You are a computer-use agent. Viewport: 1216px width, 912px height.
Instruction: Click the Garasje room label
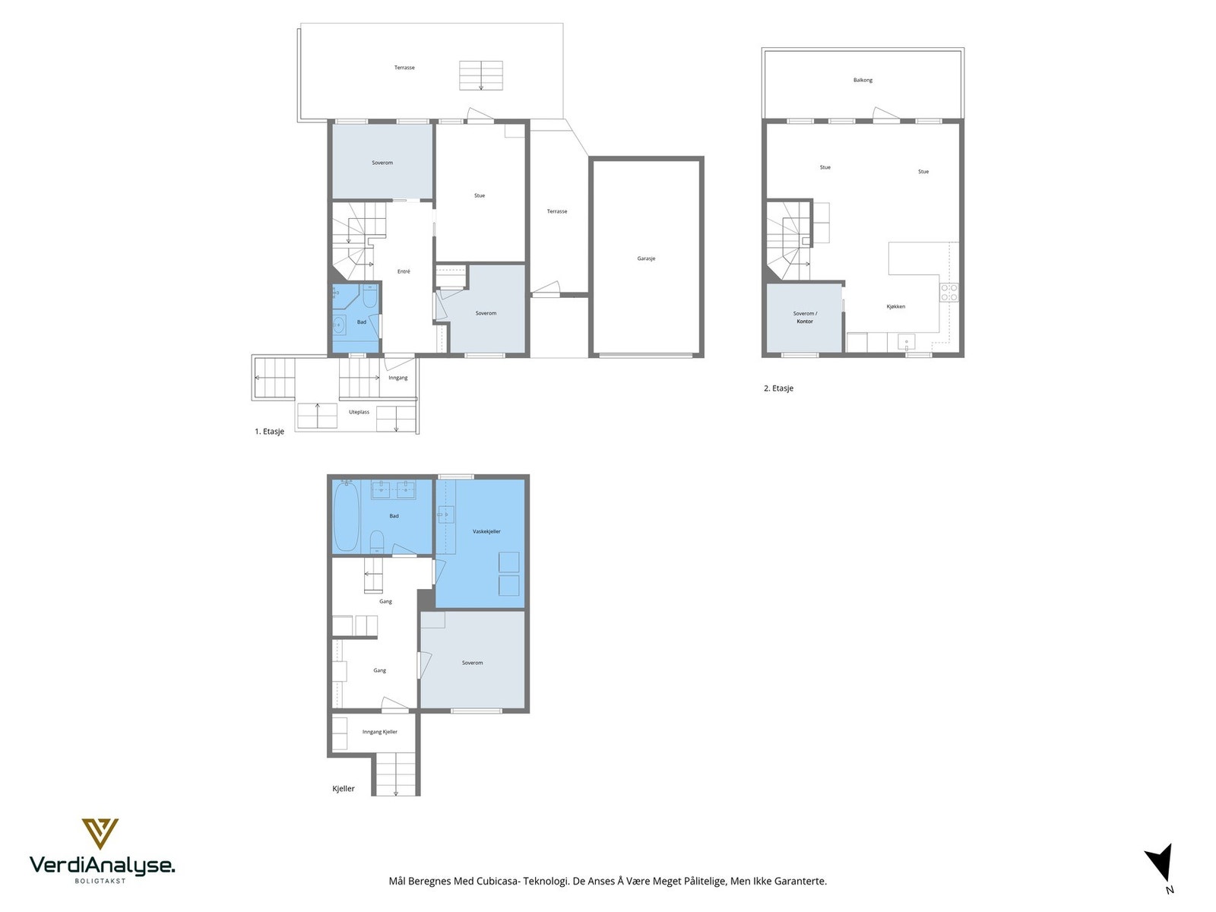[646, 258]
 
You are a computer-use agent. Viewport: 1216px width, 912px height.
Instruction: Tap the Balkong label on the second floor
[863, 81]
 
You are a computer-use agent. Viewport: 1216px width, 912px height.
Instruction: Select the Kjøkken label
[896, 307]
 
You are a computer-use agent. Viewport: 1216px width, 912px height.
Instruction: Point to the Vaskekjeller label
[486, 531]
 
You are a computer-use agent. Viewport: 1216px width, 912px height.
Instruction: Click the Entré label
[404, 272]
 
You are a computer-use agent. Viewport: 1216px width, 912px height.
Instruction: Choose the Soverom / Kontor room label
[805, 317]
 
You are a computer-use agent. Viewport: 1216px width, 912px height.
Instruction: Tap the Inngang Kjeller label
[380, 732]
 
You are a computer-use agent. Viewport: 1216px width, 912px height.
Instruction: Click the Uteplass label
[359, 413]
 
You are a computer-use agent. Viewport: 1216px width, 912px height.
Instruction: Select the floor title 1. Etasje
[269, 432]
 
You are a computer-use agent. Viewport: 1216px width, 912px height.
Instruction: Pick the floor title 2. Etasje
[778, 388]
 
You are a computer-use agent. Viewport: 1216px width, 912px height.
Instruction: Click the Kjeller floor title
[344, 789]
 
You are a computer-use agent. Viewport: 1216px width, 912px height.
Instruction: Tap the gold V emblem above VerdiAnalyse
[100, 834]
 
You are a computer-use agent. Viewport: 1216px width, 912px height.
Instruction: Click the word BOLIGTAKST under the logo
[100, 881]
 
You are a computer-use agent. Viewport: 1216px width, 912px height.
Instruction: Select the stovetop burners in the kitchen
[949, 293]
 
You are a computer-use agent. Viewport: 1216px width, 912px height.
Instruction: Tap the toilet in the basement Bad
[376, 541]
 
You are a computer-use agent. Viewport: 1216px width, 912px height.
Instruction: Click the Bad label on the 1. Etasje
[362, 322]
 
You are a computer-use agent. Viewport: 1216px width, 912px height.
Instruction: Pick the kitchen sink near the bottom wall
[907, 342]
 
